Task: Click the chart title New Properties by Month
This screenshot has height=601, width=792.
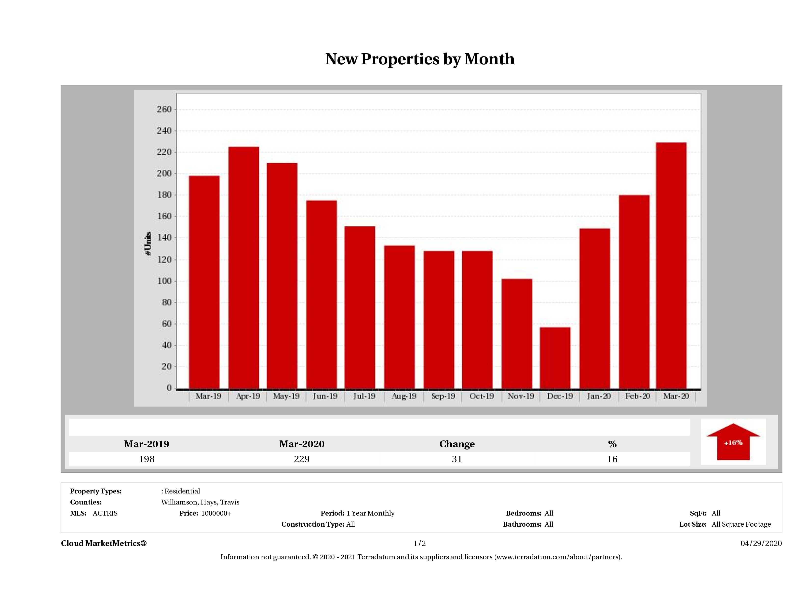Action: click(420, 59)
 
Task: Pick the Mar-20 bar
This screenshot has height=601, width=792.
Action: click(671, 265)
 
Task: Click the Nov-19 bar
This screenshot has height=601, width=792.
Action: click(517, 333)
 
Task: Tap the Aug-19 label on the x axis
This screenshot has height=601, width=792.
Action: click(404, 396)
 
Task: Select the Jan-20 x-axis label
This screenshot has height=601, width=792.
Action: click(599, 396)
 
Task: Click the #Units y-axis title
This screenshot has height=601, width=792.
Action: click(148, 244)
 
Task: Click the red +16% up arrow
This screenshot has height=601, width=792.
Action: click(733, 442)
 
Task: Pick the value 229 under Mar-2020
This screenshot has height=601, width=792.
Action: click(301, 459)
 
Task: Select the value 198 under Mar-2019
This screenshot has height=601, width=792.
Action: click(147, 459)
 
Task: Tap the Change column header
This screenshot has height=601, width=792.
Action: click(457, 444)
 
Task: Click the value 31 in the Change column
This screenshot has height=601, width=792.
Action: click(457, 459)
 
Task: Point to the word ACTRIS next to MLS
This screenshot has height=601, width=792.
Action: click(105, 513)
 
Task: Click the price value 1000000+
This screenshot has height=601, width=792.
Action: click(216, 513)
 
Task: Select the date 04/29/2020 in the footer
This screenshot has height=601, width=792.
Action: click(761, 543)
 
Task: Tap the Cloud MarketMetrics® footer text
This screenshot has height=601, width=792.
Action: click(104, 543)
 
